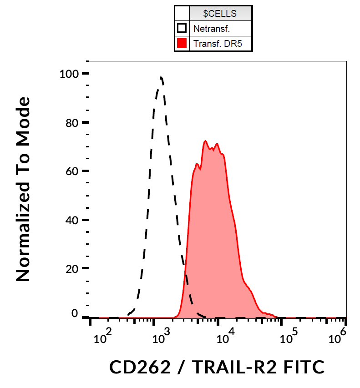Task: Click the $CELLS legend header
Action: (220, 14)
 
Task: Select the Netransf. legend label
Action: (212, 29)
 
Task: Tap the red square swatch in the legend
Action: (182, 44)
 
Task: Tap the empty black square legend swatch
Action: (182, 29)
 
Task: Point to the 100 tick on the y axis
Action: (68, 74)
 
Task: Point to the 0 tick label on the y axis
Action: (75, 314)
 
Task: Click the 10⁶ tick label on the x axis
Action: (337, 338)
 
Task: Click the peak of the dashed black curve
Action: (161, 77)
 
